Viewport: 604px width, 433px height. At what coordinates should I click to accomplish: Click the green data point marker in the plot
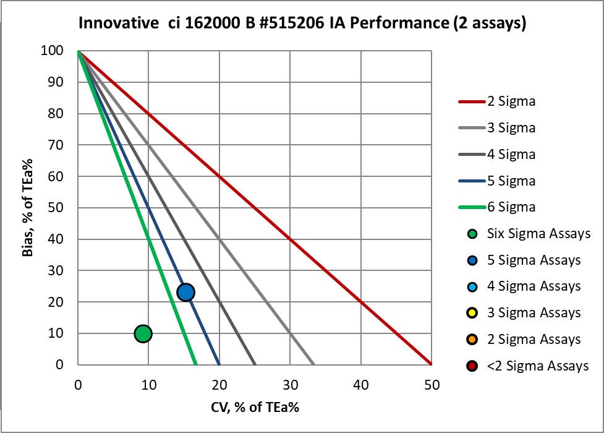coord(143,333)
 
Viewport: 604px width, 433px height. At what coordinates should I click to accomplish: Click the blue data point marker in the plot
coord(185,292)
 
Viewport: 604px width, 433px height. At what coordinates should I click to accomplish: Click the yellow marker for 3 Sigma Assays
coord(472,313)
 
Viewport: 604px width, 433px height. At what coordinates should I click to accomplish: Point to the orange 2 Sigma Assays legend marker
coord(472,340)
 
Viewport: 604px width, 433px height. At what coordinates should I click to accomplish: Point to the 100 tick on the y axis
coord(56,51)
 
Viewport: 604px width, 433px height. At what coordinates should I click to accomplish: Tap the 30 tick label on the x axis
coord(290,385)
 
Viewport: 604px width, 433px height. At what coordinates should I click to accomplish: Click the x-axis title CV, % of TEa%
coord(255,408)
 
